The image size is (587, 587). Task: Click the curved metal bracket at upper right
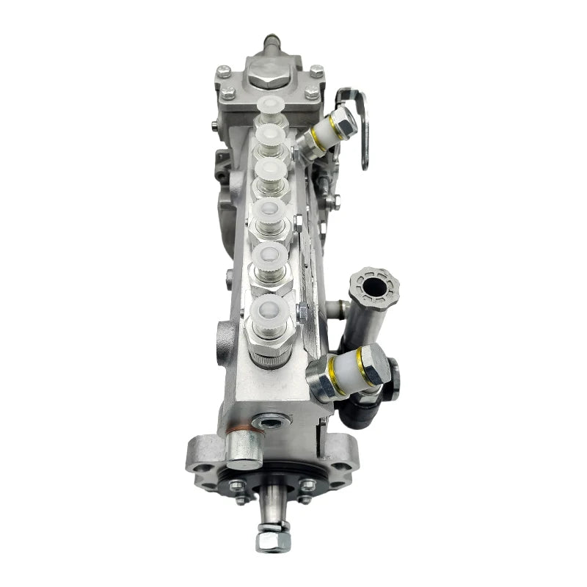(x=360, y=125)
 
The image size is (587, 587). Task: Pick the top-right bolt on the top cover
(x=316, y=71)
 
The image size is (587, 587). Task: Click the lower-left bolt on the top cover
(x=229, y=93)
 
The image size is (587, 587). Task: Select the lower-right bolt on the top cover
(x=311, y=92)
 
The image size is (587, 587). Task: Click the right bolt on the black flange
(x=305, y=485)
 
